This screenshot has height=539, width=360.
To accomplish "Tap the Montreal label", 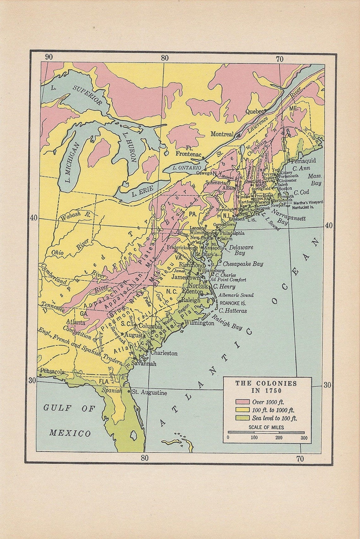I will [222, 134].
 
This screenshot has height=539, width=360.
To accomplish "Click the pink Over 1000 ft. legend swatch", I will [242, 402].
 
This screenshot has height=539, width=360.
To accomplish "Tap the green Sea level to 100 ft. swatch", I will [242, 418].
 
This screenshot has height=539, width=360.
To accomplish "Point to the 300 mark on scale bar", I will [303, 438].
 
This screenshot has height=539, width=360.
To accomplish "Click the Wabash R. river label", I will [76, 215].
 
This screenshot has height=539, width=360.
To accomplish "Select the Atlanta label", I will [75, 323].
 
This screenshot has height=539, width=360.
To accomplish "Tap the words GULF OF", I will [69, 409].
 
